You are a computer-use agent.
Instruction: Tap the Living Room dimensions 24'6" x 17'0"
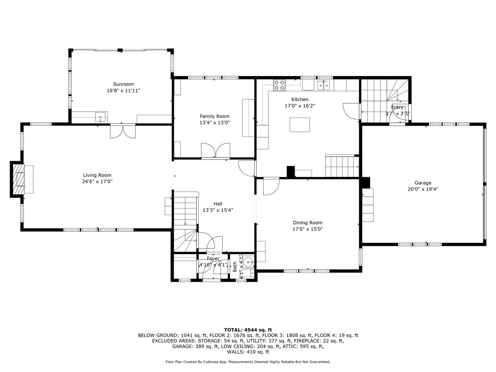point(97,181)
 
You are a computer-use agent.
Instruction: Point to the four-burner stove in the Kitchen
point(279,85)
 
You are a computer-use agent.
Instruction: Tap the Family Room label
point(215,116)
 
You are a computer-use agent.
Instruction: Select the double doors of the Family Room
point(215,150)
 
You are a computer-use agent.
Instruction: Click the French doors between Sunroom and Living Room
point(122,131)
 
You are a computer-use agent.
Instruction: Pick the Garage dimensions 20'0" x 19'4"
point(423,189)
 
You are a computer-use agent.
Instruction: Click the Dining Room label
point(308,222)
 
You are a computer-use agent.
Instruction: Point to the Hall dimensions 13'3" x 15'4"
point(218,210)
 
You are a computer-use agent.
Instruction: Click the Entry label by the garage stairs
point(397,107)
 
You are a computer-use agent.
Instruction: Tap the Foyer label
point(213,259)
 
